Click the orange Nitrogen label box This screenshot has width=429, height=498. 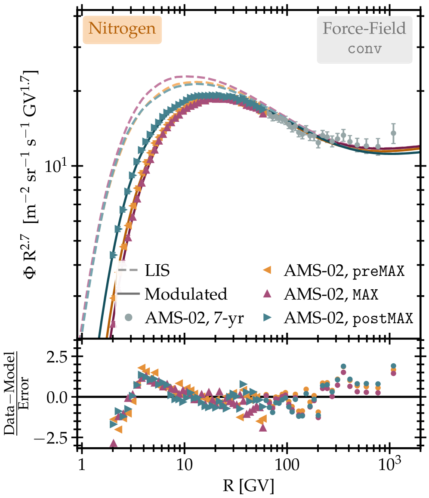tap(121, 29)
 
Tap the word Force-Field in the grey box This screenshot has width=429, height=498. tap(364, 29)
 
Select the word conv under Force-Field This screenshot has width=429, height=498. tap(364, 48)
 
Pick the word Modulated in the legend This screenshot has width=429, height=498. tap(186, 294)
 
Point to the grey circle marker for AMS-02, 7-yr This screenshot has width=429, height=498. tap(128, 319)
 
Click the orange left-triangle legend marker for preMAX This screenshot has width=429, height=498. tap(267, 271)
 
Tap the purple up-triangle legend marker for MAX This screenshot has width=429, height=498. tap(267, 294)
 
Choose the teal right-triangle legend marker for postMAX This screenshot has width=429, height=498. tap(267, 319)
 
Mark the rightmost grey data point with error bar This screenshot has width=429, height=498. tap(393, 133)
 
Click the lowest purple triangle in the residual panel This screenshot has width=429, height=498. tap(114, 443)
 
